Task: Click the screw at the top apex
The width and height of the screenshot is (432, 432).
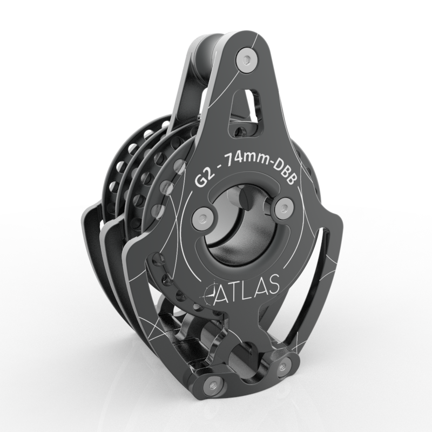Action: (246, 59)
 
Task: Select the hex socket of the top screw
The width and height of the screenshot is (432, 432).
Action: (246, 59)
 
